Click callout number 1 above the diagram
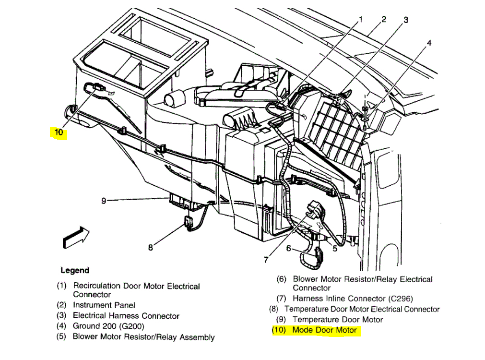point(361,20)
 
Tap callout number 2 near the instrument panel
point(384,19)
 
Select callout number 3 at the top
point(406,20)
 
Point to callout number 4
point(429,43)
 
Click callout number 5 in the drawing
point(335,248)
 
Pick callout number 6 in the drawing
point(289,248)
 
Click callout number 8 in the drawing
point(150,248)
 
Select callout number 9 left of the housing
point(104,201)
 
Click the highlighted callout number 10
point(59,132)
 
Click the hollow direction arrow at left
point(76,237)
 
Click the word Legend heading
point(75,271)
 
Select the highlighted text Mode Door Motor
point(325,330)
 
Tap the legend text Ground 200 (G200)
point(108,326)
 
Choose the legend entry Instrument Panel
point(104,305)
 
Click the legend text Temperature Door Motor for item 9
point(338,320)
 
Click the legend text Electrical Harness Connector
point(126,316)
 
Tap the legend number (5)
point(61,336)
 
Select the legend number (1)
point(61,286)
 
